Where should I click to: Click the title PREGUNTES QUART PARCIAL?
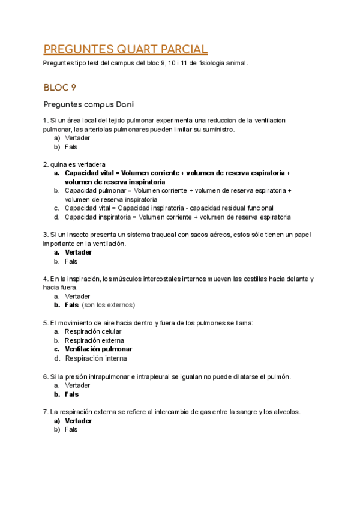125,49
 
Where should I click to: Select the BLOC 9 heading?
59,88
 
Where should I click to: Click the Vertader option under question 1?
77,138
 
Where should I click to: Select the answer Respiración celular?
93,331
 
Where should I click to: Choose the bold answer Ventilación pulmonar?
98,349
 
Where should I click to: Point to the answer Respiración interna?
96,358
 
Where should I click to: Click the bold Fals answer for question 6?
71,394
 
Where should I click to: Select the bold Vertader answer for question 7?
78,421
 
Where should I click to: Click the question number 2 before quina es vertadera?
45,164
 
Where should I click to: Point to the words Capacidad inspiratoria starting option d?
96,217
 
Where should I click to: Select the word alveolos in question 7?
286,412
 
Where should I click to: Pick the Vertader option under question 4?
77,296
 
